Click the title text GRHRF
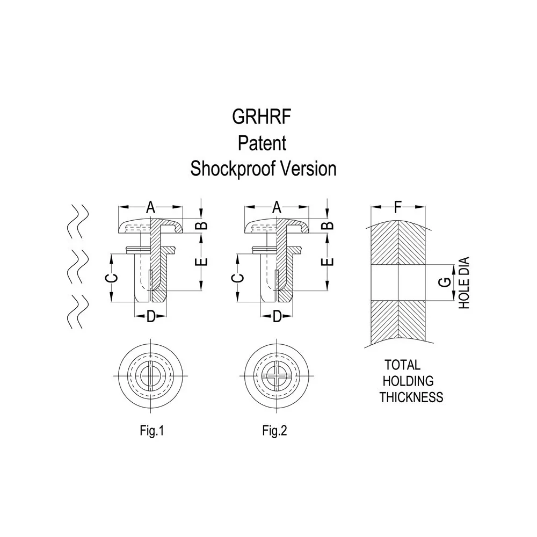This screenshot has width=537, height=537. click(262, 117)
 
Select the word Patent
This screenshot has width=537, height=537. click(262, 143)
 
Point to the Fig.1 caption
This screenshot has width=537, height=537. click(152, 431)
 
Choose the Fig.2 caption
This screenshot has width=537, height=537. click(274, 431)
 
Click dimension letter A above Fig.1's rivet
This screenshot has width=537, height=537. click(151, 207)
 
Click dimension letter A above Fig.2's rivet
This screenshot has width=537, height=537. click(277, 207)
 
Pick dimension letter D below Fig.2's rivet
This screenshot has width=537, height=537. click(277, 317)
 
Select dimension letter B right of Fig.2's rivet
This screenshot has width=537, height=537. click(329, 225)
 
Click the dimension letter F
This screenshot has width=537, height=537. click(397, 207)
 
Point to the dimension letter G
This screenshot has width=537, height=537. click(445, 282)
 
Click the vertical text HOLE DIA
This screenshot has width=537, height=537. click(464, 283)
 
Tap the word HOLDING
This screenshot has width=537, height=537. click(408, 381)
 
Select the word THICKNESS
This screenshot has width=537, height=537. click(411, 397)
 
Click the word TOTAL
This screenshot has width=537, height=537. click(402, 365)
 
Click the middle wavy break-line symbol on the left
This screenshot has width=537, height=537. click(78, 266)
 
